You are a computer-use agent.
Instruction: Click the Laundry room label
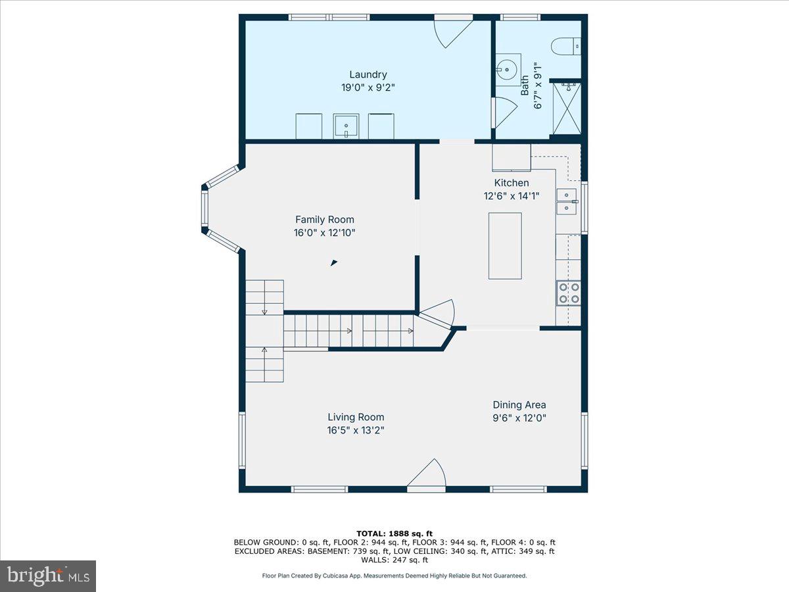coord(368,74)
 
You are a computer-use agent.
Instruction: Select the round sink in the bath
coord(507,68)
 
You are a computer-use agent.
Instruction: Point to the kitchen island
coord(505,245)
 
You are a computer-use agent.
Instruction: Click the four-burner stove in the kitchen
coord(568,293)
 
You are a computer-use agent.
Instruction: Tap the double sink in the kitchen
coord(566,201)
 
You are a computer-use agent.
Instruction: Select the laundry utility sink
coord(346,125)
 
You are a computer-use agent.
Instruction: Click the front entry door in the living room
coord(428,475)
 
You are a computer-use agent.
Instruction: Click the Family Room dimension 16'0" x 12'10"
coord(324,232)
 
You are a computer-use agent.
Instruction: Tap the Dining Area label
coord(519,405)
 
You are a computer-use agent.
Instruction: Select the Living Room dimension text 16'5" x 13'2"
coord(356,430)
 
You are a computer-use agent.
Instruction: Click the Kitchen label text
coord(511,183)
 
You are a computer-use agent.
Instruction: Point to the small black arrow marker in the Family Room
coord(333,263)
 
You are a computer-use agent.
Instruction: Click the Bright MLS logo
coord(48,576)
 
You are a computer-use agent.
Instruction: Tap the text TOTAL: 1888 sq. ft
coord(394,533)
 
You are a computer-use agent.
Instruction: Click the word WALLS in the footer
coord(374,560)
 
